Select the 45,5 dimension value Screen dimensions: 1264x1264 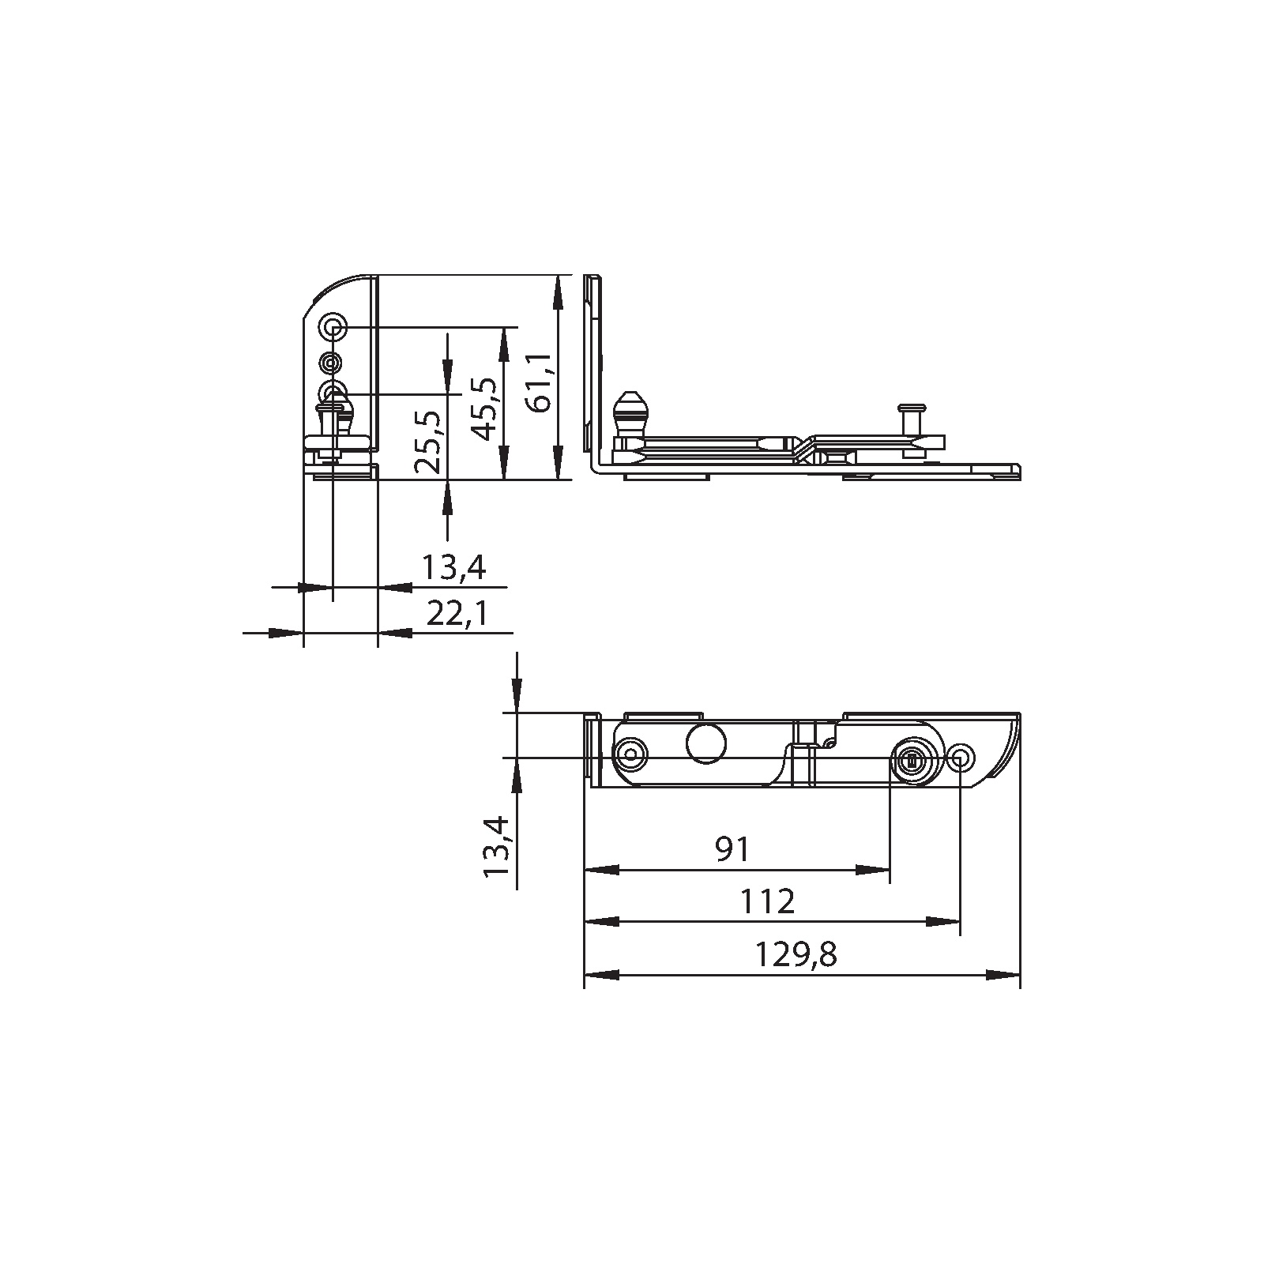[486, 408]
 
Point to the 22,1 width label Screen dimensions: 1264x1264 [457, 614]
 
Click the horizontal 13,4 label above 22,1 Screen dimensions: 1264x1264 [453, 567]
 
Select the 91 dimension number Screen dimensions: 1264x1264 [732, 849]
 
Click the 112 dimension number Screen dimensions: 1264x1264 [768, 901]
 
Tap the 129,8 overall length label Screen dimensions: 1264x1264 [796, 955]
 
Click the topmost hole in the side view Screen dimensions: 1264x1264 [333, 326]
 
